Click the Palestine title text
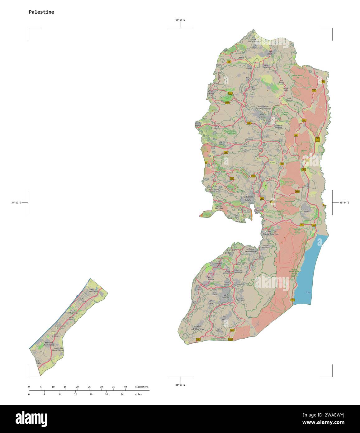[41, 12]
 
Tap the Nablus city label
[261, 117]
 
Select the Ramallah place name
[248, 197]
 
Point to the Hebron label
[225, 297]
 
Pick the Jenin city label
[269, 54]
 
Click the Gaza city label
[83, 302]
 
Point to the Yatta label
[225, 319]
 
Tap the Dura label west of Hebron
[210, 302]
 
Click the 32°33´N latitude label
[180, 20]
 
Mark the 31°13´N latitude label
[180, 385]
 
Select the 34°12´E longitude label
[16, 202]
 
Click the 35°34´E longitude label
[344, 202]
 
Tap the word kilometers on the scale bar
[141, 387]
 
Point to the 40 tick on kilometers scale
[125, 387]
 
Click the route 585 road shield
[229, 62]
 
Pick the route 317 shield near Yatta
[232, 330]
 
